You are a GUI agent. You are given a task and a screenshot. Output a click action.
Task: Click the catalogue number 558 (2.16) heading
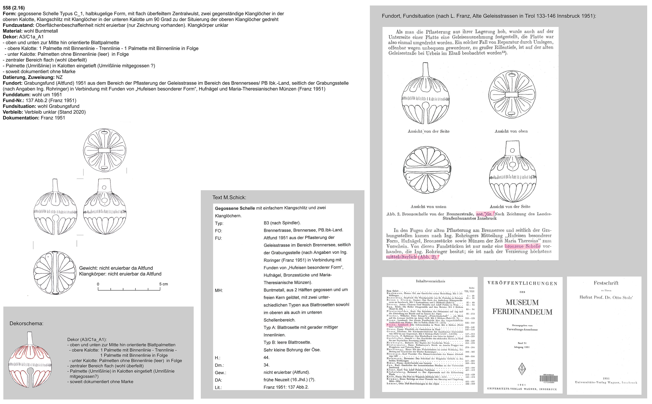pos(14,8)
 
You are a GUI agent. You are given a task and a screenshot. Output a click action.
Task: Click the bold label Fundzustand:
pos(19,25)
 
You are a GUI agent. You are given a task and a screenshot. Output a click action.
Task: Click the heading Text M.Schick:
pos(229,197)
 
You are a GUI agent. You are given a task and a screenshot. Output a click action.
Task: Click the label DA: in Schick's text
pos(218,380)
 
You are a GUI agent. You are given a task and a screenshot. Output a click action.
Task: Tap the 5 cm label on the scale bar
pos(164,284)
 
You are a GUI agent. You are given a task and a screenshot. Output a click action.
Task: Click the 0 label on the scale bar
pos(98,284)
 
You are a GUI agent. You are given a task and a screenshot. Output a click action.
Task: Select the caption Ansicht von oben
pos(511,131)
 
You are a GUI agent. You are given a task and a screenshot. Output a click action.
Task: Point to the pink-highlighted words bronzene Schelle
pos(522,246)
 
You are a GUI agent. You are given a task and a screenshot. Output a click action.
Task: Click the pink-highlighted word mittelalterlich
pos(401,257)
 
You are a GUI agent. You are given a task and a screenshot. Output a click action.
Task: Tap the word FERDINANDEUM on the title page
pos(522,312)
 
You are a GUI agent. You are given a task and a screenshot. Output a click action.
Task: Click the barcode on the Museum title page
pos(548,379)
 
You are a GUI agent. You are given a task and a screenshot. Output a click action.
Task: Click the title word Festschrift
pos(606,283)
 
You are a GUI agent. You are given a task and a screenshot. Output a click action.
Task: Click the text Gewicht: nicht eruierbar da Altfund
pos(116,268)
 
